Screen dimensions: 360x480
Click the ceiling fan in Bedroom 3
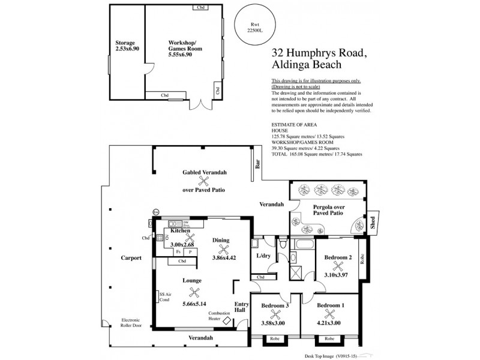coord(275,314)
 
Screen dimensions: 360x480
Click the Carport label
coord(130,258)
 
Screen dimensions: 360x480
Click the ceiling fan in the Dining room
coord(224,251)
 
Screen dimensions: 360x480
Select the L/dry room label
coord(265,256)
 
